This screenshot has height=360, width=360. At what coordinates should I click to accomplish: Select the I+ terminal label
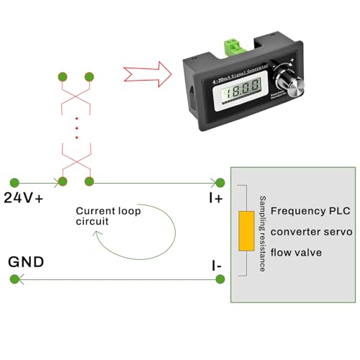point(215,197)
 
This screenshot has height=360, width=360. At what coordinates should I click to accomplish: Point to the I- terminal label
point(216,266)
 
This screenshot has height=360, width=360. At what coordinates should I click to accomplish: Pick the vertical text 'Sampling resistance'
point(263,233)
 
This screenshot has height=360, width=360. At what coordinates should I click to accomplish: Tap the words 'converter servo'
point(310,233)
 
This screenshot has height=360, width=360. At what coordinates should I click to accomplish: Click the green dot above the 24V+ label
point(12,181)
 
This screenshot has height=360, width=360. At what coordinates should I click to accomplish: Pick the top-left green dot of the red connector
point(63,77)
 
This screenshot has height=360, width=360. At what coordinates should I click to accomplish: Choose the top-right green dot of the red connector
point(89,77)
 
